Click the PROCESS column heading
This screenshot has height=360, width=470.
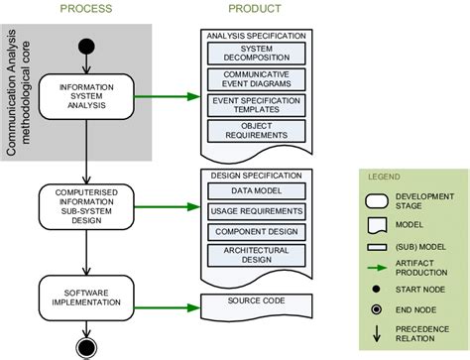87,9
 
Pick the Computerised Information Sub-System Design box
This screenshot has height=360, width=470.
87,206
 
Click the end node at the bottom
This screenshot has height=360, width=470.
87,345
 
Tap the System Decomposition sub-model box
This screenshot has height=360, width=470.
257,53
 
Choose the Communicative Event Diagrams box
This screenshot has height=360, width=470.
257,78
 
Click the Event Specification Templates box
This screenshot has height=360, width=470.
257,105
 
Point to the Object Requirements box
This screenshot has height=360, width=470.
257,131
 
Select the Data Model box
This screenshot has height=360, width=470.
257,190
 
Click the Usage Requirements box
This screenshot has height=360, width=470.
257,211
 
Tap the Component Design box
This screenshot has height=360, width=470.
257,231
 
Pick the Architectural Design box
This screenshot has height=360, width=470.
257,254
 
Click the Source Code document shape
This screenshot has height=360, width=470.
257,300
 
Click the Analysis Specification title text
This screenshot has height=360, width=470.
257,35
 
